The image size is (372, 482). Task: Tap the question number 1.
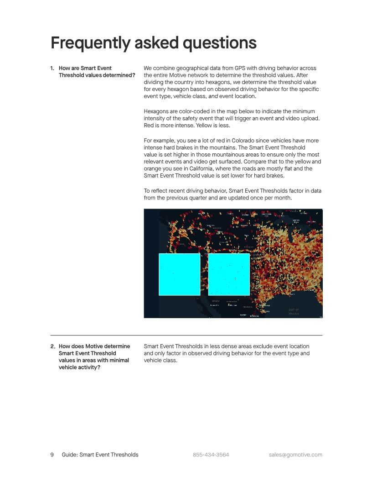coord(52,68)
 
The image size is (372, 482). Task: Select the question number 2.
coord(52,346)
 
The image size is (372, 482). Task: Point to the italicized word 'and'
coord(213,96)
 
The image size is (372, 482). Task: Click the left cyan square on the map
coord(179,274)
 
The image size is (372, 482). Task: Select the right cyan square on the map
coord(229,274)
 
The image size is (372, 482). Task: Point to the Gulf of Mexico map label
coord(294,312)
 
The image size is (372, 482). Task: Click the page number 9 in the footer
coord(52,455)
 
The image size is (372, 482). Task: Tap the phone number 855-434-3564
coord(211,455)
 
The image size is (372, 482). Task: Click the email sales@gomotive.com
coord(295,455)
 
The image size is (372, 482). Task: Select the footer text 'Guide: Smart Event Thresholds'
coord(100,455)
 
